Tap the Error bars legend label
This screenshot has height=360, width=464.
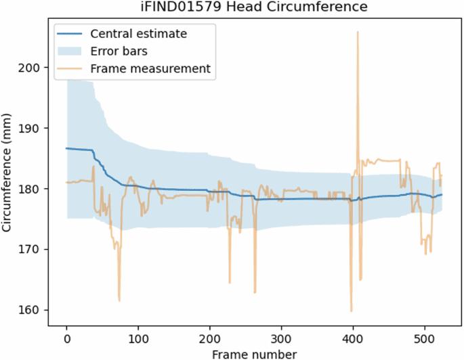120,51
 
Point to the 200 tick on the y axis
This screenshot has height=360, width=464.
33,68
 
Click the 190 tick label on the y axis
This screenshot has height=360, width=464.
33,129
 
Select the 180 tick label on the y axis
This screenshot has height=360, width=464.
33,189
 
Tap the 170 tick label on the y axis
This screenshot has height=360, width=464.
33,250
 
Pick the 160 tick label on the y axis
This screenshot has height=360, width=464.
33,310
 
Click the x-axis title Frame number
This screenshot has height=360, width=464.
254,353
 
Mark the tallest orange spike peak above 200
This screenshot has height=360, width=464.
358,32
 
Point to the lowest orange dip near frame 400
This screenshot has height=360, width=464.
351,311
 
